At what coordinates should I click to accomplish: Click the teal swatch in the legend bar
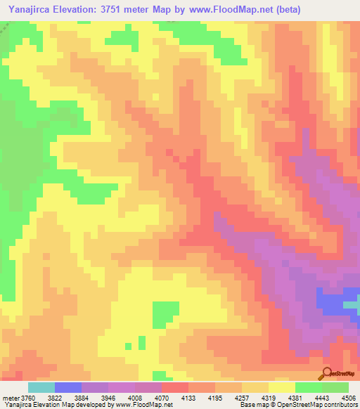pyautogui.click(x=41, y=387)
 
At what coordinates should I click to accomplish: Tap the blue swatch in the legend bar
pyautogui.click(x=67, y=387)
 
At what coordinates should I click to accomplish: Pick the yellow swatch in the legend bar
pyautogui.click(x=281, y=387)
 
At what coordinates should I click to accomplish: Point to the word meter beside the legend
pyautogui.click(x=11, y=398)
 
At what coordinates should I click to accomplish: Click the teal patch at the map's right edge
pyautogui.click(x=354, y=304)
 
